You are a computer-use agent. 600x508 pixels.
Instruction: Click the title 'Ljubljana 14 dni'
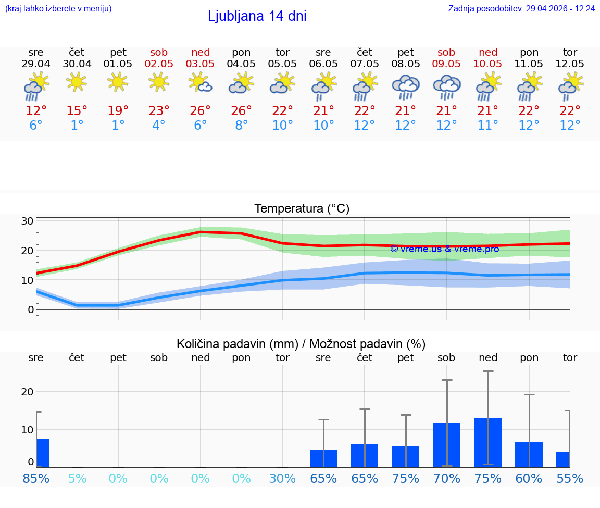coord(257,16)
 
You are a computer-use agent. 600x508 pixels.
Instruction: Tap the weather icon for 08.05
coord(406,87)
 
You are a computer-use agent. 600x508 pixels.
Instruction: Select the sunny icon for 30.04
coord(77,82)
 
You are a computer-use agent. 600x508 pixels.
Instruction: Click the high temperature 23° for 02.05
coord(159,111)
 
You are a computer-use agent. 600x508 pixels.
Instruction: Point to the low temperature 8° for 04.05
coord(241,126)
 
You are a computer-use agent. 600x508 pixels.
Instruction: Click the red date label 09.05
coord(446,64)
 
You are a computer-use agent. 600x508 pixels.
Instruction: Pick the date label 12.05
coord(570,64)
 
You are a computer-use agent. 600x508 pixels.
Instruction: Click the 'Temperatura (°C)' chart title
coord(302,209)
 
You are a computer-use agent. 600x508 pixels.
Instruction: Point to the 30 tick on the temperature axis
coord(27,221)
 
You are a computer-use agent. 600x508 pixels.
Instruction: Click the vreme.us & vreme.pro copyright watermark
coord(445,249)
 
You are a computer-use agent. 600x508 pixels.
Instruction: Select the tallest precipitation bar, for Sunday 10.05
coord(488,442)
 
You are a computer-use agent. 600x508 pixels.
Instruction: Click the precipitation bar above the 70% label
coord(447,445)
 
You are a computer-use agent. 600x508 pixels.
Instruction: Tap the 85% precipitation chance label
coord(36,478)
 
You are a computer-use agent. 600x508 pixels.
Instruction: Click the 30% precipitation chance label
coord(282,478)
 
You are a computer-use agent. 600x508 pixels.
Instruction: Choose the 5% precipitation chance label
coord(77,478)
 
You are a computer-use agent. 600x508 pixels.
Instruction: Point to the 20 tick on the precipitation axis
coord(27,392)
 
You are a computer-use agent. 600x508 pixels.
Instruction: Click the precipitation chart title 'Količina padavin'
coord(301,344)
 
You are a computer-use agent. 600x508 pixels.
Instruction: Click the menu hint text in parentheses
coord(58,9)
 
